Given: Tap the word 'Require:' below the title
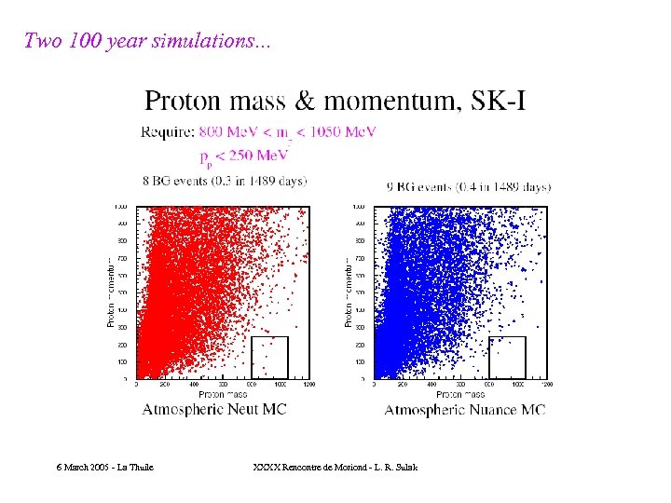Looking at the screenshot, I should (168, 132).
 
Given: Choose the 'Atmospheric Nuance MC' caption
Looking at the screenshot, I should (465, 410).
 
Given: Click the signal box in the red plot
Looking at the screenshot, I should (269, 358).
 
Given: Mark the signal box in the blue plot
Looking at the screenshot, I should (508, 358).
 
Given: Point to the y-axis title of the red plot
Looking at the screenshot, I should (111, 292).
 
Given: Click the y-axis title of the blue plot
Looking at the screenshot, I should (349, 292).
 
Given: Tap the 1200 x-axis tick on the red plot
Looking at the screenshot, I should (308, 384).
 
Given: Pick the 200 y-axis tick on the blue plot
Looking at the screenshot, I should (360, 345).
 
